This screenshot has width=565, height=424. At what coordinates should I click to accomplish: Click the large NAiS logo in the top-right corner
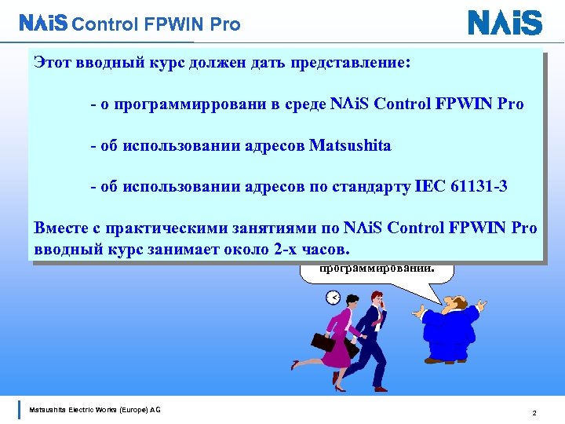click(505, 23)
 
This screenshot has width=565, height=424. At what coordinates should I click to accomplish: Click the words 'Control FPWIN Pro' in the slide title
click(155, 24)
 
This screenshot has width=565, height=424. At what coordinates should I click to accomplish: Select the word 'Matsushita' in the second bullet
click(350, 145)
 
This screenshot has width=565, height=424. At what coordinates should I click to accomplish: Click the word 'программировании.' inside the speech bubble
click(376, 268)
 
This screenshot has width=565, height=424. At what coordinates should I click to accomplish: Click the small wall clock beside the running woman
click(333, 298)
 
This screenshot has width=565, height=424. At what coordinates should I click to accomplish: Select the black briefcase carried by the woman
click(323, 343)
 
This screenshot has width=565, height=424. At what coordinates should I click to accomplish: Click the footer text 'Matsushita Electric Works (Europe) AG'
click(95, 409)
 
